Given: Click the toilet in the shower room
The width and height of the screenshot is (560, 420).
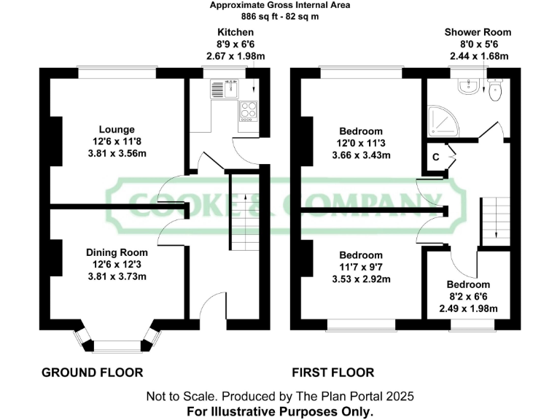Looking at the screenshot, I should [x=496, y=90].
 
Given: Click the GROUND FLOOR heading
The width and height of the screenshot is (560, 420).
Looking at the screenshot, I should [x=92, y=373].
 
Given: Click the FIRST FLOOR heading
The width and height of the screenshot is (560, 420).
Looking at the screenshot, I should [x=333, y=373].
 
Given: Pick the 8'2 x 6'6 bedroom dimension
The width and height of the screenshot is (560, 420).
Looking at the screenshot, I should [x=468, y=297].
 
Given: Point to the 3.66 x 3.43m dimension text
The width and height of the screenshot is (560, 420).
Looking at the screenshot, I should [x=362, y=155].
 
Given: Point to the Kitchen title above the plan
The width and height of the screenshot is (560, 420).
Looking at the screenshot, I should [x=236, y=32].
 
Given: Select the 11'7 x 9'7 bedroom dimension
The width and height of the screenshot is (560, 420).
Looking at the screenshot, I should [x=362, y=267].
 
